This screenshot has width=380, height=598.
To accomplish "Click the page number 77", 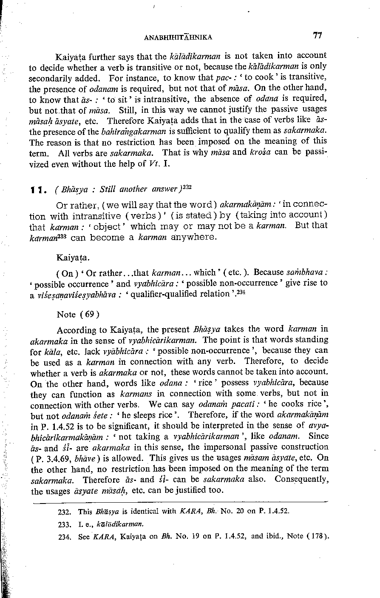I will (317, 36).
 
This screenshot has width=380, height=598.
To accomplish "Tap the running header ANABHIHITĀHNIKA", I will (178, 37).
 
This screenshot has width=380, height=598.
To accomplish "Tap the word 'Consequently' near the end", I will (301, 480).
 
